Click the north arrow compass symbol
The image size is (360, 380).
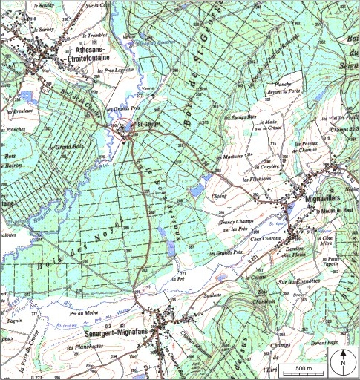343,364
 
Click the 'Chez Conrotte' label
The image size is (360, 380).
268,239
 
